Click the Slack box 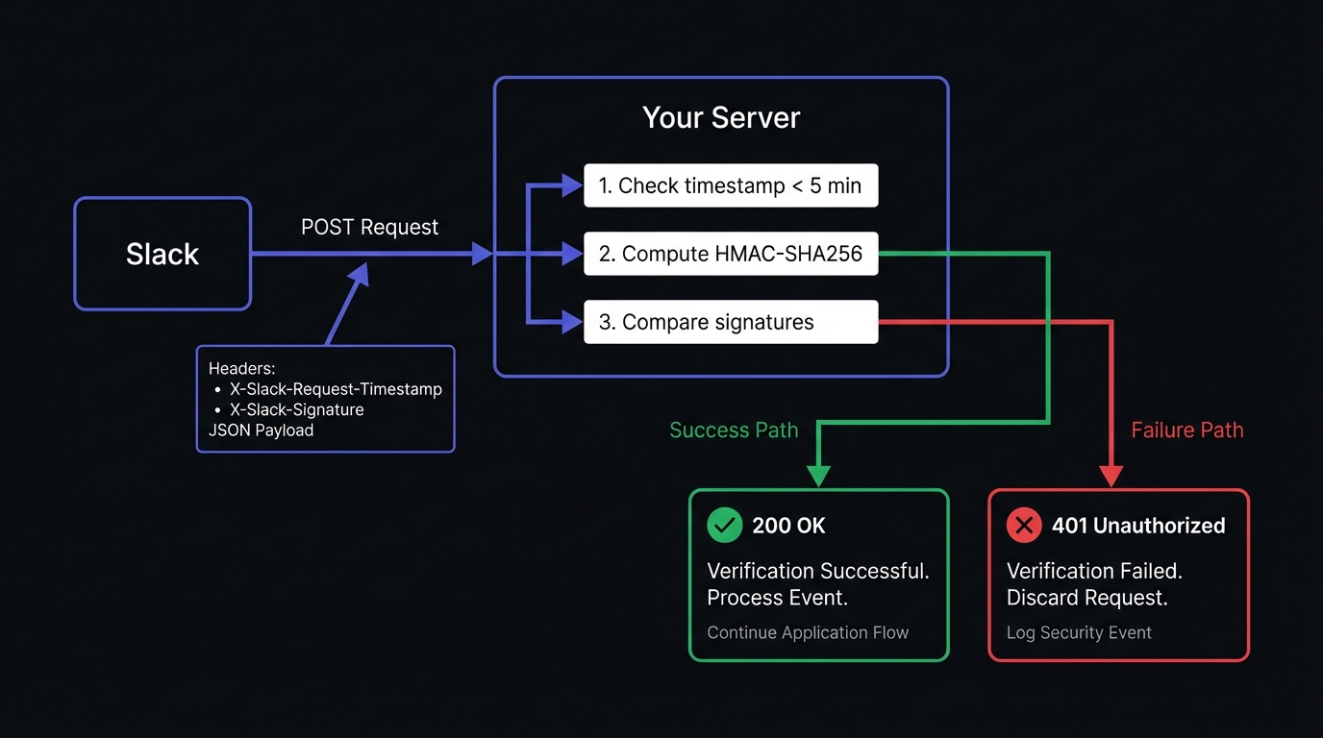[x=162, y=254]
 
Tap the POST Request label [x=369, y=227]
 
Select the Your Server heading [x=721, y=117]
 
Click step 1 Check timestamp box [x=731, y=185]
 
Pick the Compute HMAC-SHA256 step [x=731, y=255]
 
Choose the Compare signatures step [x=731, y=322]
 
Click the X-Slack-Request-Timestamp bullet [x=336, y=389]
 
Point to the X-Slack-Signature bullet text [x=296, y=409]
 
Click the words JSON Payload [x=261, y=430]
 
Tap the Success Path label [x=734, y=430]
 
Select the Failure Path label [x=1186, y=430]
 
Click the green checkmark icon [x=724, y=525]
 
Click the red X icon [x=1023, y=525]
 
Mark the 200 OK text [x=788, y=526]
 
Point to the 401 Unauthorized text [x=1138, y=526]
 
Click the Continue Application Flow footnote [x=808, y=632]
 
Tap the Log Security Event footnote [x=1079, y=632]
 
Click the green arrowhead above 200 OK [x=818, y=475]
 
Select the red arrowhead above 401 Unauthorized [x=1111, y=475]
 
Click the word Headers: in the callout [x=241, y=369]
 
